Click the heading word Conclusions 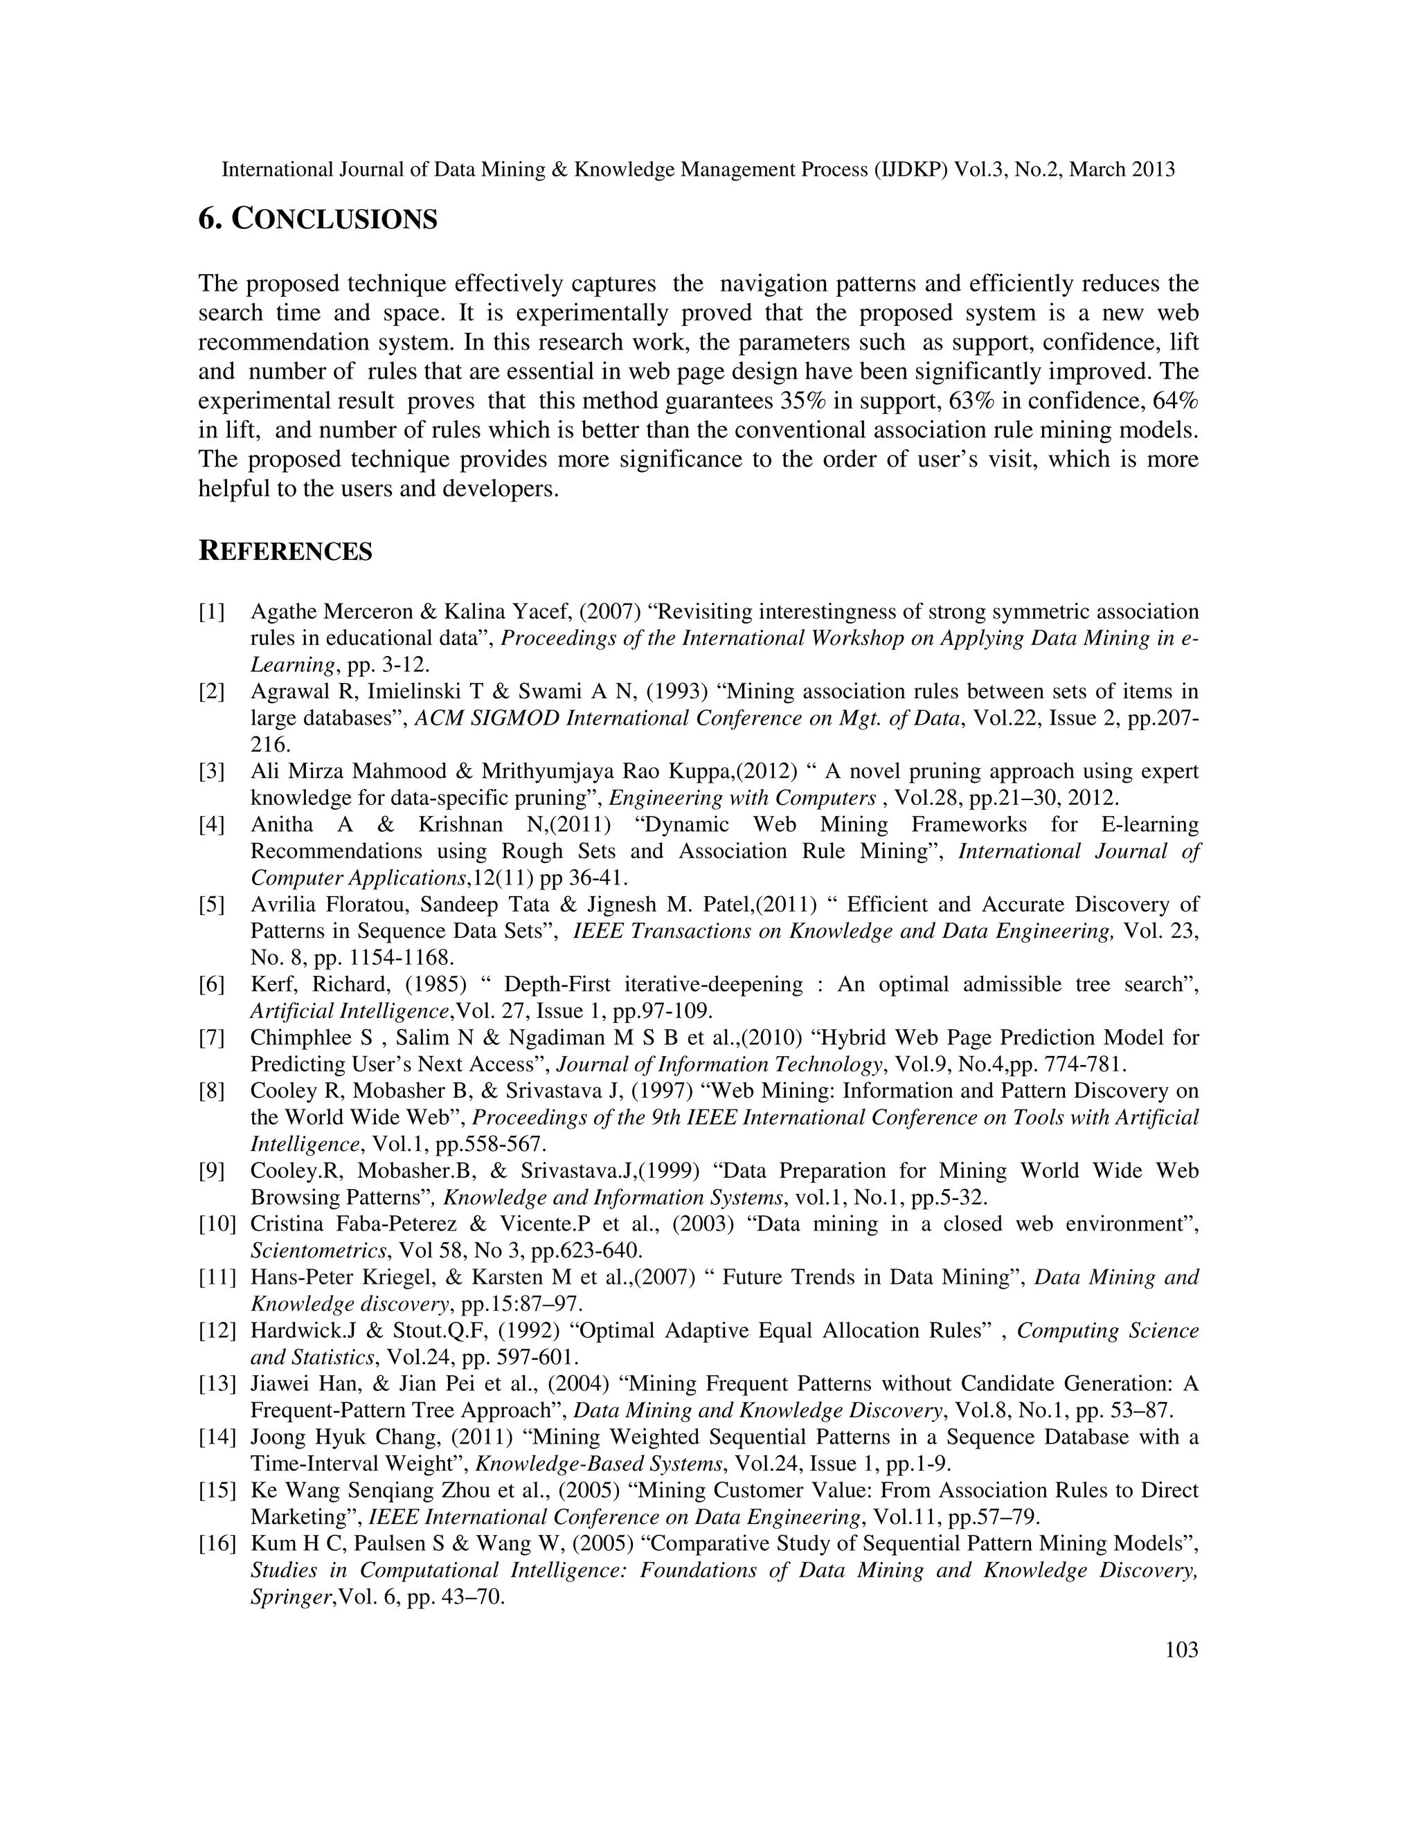(x=334, y=220)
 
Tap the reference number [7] (x=212, y=1038)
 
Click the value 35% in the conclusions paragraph (x=803, y=401)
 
